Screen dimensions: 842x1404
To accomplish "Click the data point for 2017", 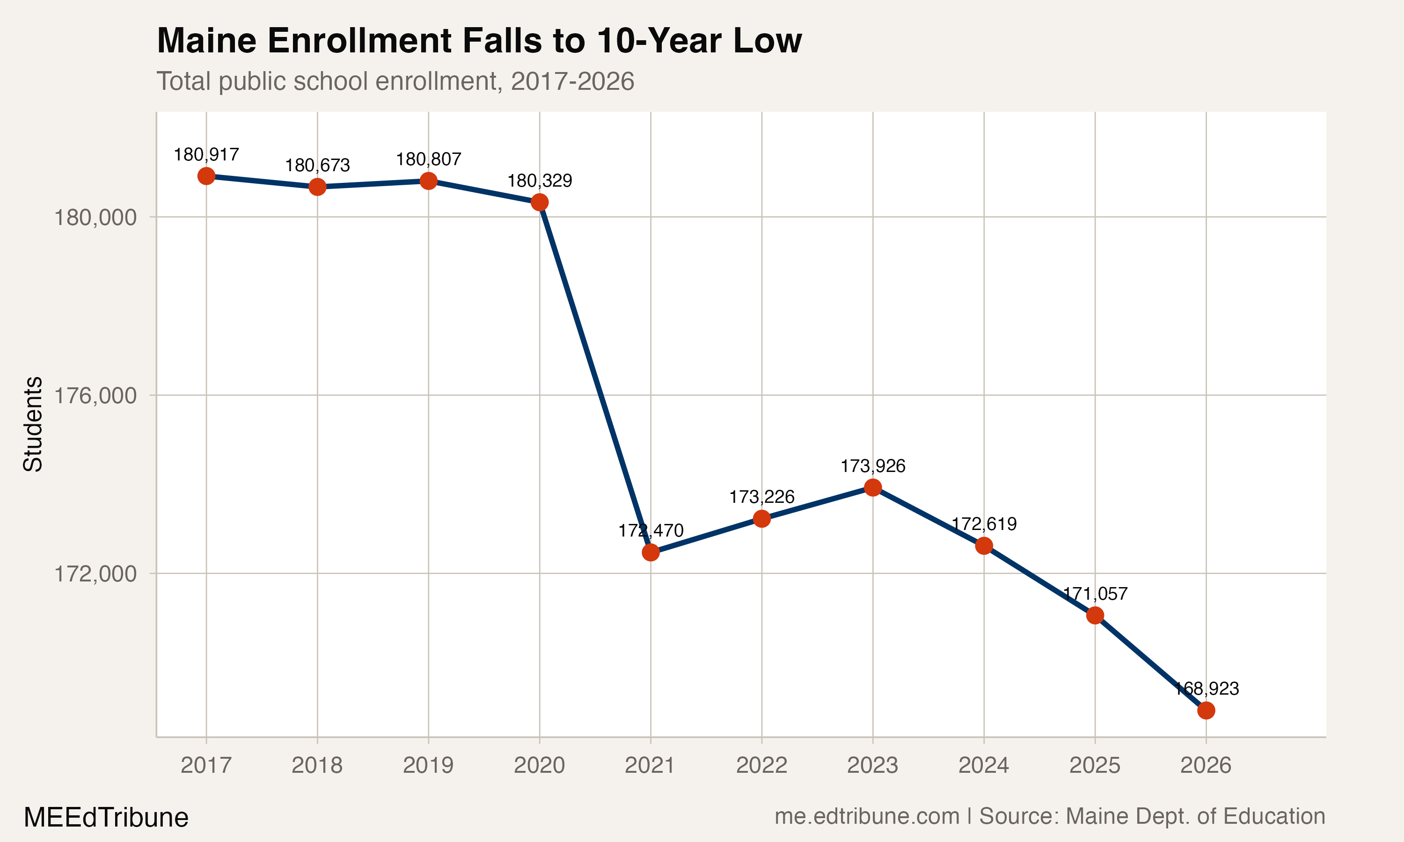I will coord(206,176).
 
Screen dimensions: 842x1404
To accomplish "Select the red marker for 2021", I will coord(651,552).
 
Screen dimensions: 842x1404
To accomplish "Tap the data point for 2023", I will coord(873,487).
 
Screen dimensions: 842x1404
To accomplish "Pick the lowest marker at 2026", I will coord(1206,711).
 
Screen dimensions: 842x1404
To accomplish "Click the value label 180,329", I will coord(539,181).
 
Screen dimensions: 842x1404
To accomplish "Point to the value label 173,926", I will coord(873,466).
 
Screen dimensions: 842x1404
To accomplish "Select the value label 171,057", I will coord(1095,594).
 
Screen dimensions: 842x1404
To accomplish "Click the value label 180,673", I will coord(317,166).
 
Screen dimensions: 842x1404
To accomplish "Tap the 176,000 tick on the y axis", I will coord(95,395).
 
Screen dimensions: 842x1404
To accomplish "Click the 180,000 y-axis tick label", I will coord(95,218).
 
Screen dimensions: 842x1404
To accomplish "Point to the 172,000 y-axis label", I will coord(95,573).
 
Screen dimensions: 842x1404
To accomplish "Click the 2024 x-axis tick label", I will coord(983,765).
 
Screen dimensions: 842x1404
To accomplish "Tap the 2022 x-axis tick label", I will coord(761,765).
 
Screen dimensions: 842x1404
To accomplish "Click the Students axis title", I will coord(33,424).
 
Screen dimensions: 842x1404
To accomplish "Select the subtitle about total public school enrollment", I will coord(395,81).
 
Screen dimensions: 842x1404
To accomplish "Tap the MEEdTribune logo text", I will coord(106,818).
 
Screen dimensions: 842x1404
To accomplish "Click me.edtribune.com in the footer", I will coord(867,816).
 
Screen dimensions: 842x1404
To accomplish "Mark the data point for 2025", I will coord(1095,616).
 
